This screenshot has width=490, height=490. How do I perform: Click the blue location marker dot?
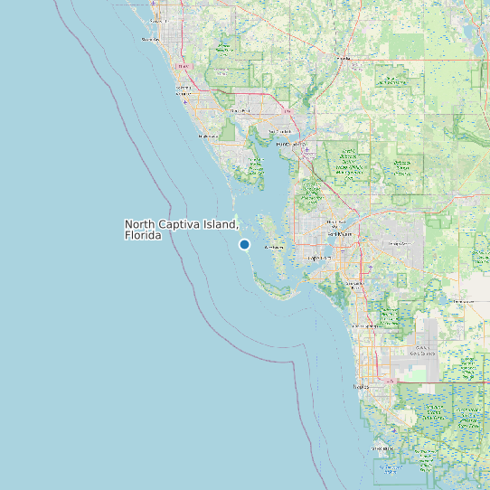[244, 244]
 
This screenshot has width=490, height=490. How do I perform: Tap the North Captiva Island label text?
[181, 224]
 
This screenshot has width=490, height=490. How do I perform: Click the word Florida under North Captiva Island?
[143, 236]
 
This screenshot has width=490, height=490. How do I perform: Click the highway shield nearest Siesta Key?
[184, 66]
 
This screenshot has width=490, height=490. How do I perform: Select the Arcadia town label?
[342, 59]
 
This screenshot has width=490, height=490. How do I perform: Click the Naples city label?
[361, 386]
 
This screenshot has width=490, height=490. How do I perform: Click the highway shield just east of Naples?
[391, 381]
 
